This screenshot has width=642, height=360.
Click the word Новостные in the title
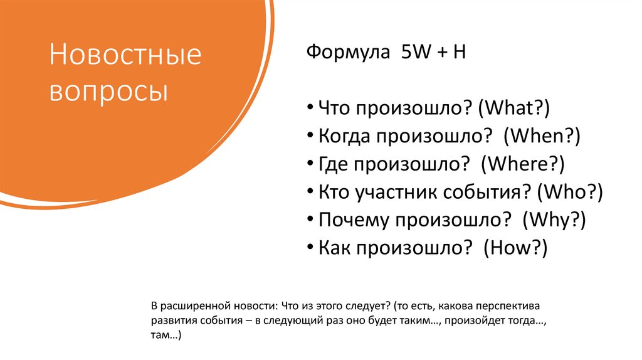[125, 56]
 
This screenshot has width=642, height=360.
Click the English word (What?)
[513, 109]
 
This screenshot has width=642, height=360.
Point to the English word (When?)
[544, 136]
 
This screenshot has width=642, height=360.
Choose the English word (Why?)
[556, 219]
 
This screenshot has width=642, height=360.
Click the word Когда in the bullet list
[342, 136]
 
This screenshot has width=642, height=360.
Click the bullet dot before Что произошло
[312, 109]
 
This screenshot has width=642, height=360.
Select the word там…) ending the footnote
[166, 336]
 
